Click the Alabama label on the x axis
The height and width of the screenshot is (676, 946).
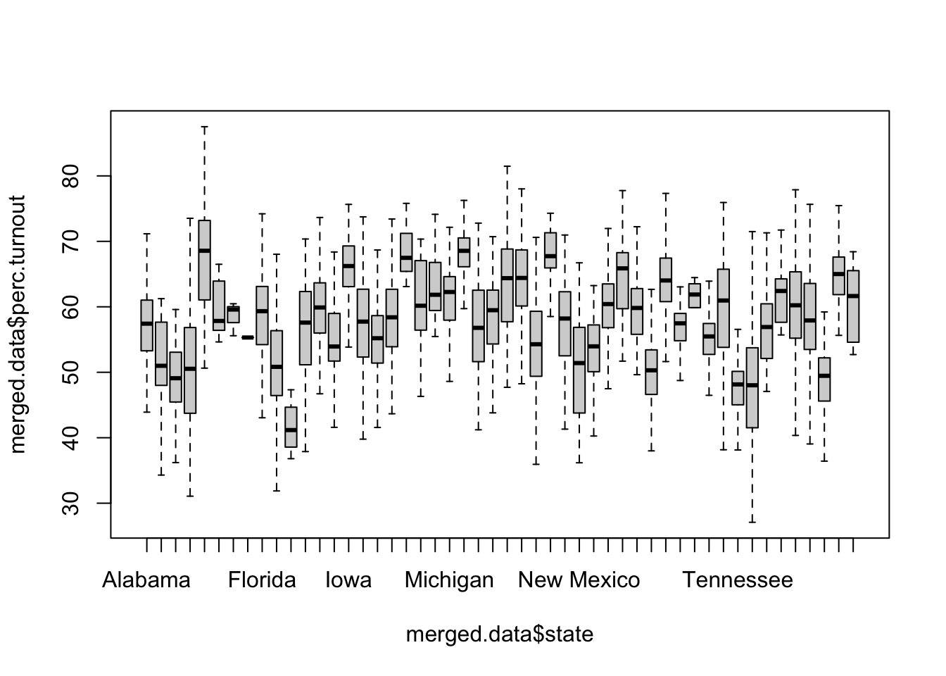pos(146,580)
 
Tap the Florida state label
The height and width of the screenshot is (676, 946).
pos(262,580)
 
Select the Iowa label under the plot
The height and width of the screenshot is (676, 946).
pos(348,580)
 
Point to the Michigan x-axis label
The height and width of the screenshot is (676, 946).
pos(449,580)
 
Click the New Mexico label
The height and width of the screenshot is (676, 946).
pos(579,580)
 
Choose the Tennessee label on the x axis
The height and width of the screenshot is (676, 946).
pos(738,580)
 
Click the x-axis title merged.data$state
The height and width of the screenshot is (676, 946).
pos(500,634)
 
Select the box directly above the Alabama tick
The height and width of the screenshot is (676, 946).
pos(146,325)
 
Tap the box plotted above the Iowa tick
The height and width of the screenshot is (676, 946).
pos(348,266)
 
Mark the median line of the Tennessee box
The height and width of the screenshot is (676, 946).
pos(738,384)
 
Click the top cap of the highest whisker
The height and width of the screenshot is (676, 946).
pos(204,127)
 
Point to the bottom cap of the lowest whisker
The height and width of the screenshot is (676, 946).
pos(752,522)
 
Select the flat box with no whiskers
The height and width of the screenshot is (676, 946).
pos(248,337)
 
